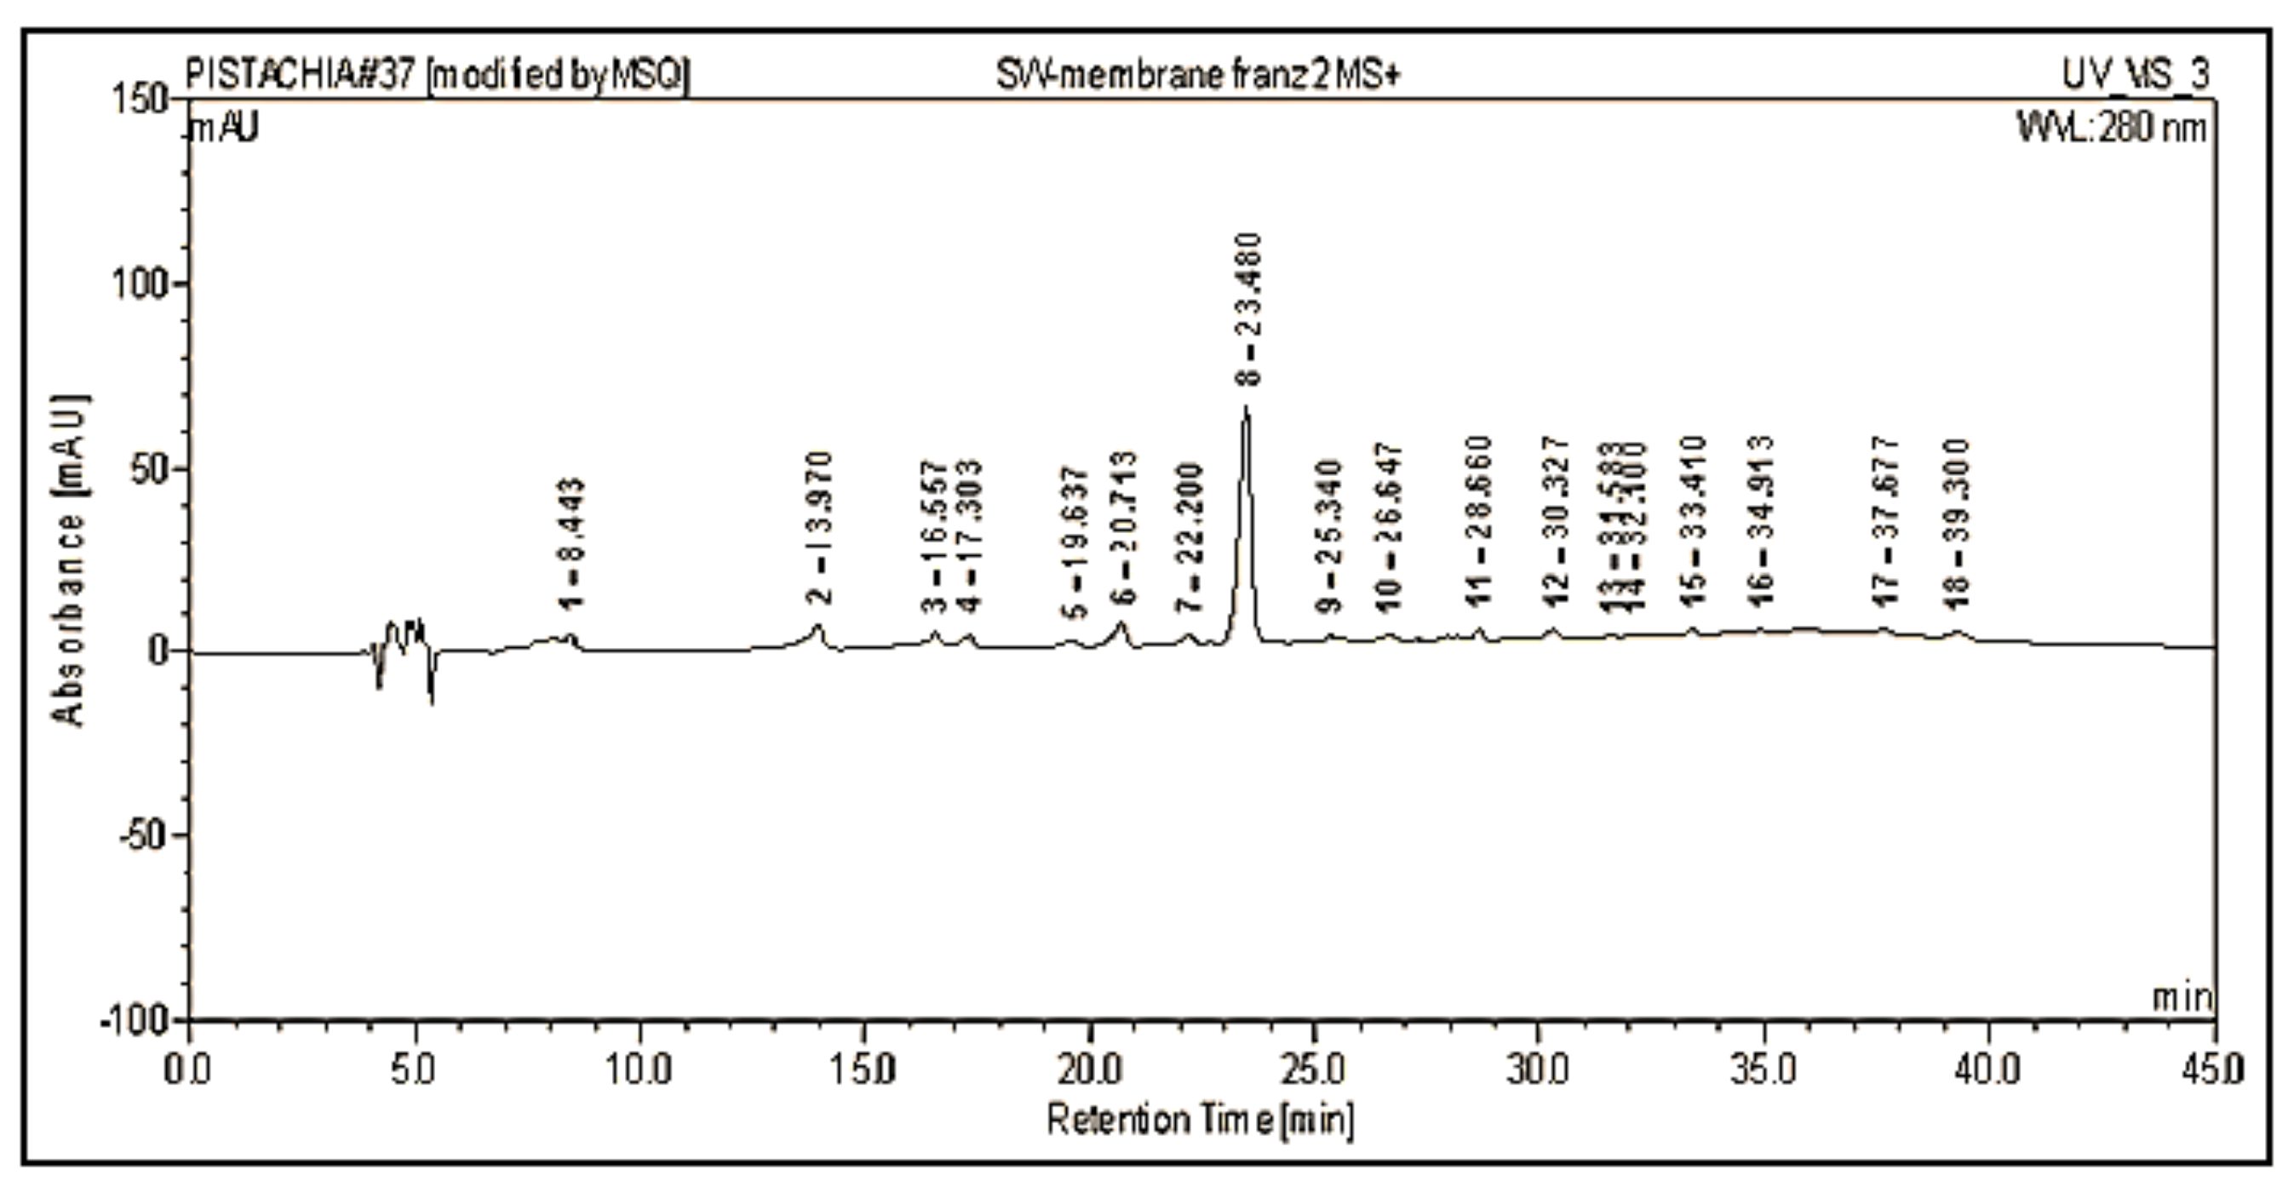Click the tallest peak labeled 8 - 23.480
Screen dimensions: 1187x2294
pos(1246,411)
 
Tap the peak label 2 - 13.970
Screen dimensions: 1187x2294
pos(820,527)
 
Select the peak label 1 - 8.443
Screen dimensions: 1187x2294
pos(572,543)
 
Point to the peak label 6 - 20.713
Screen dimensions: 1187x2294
pos(1124,527)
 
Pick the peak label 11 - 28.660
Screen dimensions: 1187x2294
pos(1478,521)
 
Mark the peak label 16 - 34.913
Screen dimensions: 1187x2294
pos(1761,521)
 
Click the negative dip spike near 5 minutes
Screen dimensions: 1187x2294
pos(432,699)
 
